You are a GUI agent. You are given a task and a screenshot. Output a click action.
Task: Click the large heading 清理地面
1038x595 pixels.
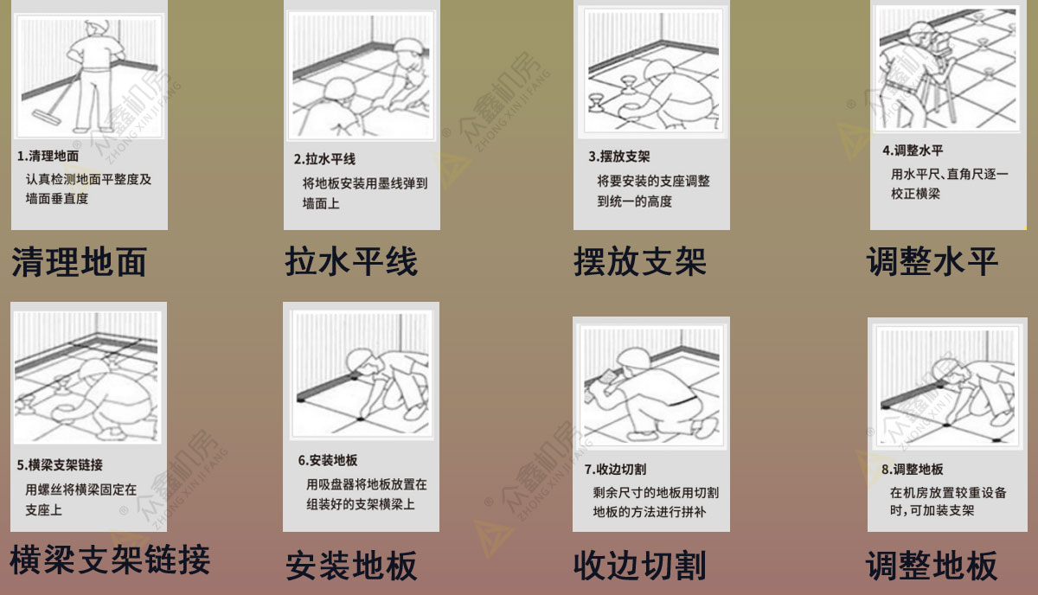coord(80,262)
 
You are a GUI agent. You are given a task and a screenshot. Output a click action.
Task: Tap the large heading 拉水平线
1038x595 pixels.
coord(351,262)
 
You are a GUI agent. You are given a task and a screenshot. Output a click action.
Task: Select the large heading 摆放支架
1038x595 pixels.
coord(640,262)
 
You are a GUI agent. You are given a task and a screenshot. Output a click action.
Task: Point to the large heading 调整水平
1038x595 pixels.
coord(932,262)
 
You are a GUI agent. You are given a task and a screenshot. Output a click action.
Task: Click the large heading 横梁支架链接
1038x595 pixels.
coord(110,560)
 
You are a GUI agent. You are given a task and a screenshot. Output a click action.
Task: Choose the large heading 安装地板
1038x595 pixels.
coord(351,566)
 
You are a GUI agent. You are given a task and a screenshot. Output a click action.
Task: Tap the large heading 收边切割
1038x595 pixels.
coord(640,566)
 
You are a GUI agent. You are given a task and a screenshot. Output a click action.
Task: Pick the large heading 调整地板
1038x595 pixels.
coord(932,566)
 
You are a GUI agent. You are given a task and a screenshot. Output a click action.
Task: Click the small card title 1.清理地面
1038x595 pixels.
coord(48,156)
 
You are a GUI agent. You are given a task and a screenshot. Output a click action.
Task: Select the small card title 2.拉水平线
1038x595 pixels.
coord(324,159)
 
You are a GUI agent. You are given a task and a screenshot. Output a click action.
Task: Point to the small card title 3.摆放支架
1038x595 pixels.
coord(619,157)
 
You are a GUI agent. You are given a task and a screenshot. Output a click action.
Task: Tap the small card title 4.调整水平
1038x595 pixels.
coord(913,150)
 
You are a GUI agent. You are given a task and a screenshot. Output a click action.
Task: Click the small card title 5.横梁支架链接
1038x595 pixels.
coord(60,464)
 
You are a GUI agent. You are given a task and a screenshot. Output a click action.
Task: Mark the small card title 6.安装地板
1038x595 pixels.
coord(328,460)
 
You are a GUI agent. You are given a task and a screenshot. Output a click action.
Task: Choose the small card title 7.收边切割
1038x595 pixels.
coord(615,470)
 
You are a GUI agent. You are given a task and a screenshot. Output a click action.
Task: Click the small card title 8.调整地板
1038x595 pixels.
coord(912,470)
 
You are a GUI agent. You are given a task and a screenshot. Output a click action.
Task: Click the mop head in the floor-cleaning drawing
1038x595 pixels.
coord(47,117)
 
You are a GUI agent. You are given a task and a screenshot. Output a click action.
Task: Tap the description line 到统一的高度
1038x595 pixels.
coord(634,202)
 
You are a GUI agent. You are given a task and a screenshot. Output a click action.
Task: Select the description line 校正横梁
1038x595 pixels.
coord(915,194)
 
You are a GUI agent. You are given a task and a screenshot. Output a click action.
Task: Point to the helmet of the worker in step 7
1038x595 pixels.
coord(634,358)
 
